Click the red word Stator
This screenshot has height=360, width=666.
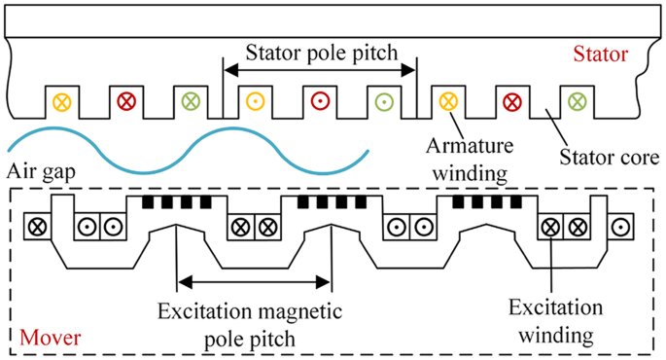(601, 54)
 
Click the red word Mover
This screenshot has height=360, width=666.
(50, 340)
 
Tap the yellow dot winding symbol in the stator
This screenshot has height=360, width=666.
(255, 100)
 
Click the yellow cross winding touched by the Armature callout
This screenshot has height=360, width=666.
(447, 100)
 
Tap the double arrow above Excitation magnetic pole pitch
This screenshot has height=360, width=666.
(254, 283)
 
